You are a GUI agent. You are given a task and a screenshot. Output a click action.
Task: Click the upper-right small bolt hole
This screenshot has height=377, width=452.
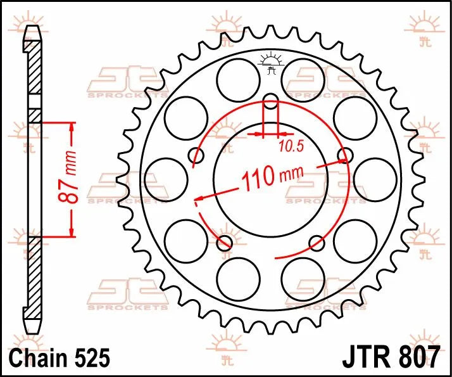345,155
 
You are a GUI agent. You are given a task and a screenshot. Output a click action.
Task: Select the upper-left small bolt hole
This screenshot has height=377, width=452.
195,155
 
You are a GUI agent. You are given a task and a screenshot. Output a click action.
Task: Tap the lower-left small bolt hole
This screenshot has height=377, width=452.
223,242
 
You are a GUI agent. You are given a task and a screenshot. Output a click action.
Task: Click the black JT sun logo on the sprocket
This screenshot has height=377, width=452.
270,61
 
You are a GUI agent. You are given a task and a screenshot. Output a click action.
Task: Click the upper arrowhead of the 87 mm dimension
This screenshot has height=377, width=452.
72,127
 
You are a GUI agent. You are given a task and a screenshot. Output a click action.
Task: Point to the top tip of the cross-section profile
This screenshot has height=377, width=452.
32,28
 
